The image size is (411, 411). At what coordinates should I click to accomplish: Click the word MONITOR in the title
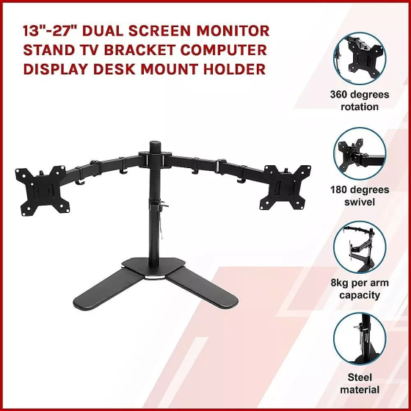[233, 31]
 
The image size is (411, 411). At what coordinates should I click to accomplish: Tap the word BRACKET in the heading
[140, 50]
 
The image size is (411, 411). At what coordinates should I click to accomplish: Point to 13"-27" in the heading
[50, 31]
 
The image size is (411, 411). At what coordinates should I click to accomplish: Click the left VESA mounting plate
[43, 191]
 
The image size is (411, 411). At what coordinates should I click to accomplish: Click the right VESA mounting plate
[285, 187]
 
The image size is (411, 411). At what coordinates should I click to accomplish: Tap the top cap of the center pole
[155, 145]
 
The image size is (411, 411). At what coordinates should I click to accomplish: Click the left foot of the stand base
[108, 288]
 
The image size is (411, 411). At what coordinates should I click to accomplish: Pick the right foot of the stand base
[203, 287]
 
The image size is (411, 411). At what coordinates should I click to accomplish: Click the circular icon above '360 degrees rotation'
[360, 58]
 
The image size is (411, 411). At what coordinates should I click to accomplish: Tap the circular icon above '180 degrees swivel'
[360, 153]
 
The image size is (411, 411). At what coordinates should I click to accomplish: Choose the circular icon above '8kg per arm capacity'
[360, 247]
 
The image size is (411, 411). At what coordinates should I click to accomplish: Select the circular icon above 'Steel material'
[360, 338]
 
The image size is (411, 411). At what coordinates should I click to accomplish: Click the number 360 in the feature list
[340, 95]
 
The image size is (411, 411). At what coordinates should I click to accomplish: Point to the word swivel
[360, 202]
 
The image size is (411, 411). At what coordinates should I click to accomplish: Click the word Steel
[360, 377]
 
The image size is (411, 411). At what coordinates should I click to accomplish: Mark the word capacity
[360, 295]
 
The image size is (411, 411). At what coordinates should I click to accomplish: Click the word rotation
[360, 106]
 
